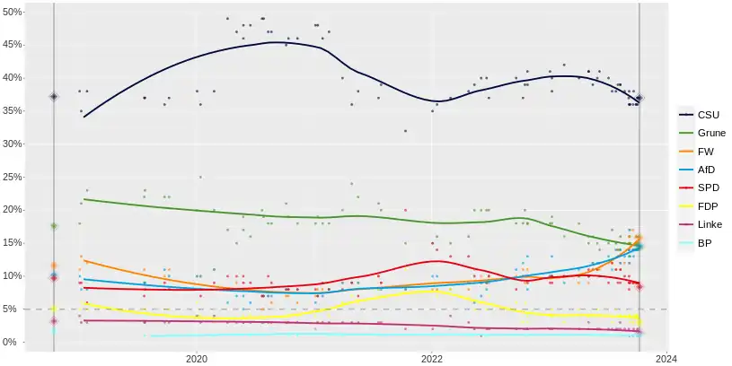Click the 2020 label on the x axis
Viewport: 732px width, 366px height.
click(197, 359)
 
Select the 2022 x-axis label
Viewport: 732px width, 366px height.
click(432, 359)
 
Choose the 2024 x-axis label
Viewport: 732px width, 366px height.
click(666, 359)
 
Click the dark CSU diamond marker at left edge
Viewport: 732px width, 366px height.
click(54, 97)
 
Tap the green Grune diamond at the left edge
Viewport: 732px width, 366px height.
click(54, 226)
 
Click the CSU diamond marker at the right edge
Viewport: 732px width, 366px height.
click(639, 99)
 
